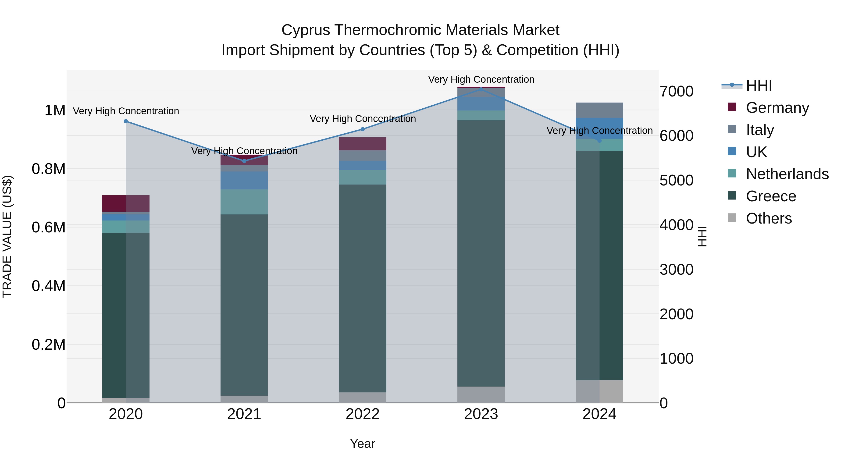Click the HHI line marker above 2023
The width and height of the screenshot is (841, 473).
[481, 89]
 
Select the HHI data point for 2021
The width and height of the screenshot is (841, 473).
[244, 161]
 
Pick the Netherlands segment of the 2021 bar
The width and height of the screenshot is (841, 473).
[244, 202]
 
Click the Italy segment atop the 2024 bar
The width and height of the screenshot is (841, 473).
[599, 110]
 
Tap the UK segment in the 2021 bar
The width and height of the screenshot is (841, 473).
[244, 180]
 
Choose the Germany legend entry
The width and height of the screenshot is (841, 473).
[777, 108]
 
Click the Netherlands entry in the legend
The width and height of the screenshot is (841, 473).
[787, 174]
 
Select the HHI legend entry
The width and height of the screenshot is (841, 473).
[758, 85]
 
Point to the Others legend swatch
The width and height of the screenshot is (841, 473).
[732, 218]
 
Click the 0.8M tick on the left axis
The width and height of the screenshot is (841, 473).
[48, 169]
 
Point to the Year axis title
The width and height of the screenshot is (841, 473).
[362, 444]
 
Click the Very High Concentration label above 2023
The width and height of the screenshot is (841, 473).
[481, 79]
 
